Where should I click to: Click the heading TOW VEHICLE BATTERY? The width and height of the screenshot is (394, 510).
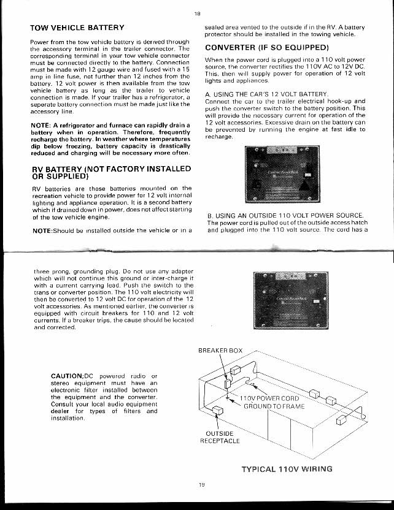(x=77, y=28)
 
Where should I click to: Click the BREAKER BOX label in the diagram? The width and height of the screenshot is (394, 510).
(x=220, y=351)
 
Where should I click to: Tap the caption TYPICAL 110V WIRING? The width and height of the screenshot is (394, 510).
(x=287, y=470)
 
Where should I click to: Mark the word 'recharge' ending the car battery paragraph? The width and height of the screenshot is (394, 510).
(x=218, y=137)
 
